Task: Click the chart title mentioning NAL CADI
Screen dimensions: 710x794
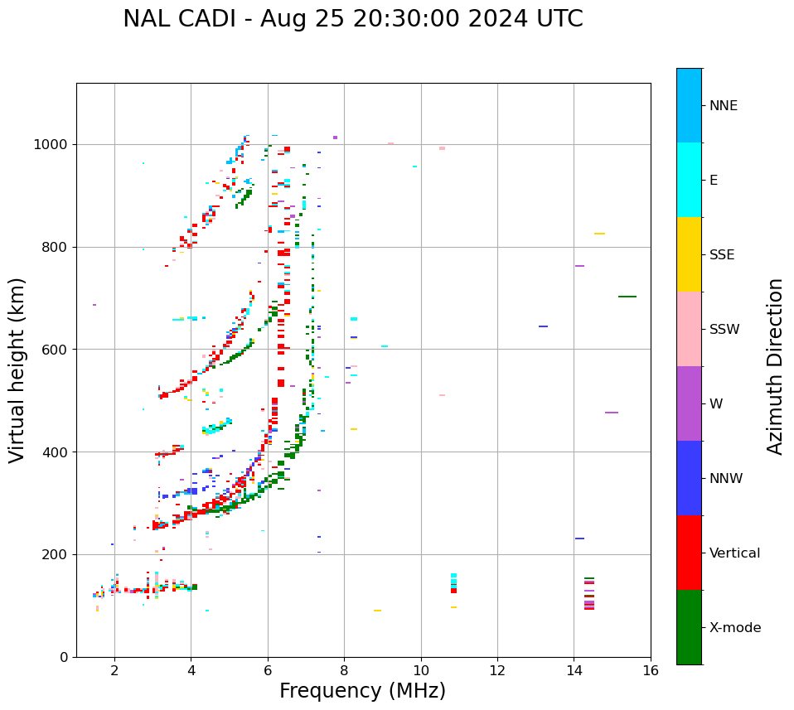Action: click(x=352, y=19)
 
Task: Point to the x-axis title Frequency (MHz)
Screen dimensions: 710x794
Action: click(x=362, y=691)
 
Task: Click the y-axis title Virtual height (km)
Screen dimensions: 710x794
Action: click(x=17, y=369)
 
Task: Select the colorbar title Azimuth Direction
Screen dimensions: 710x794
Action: click(x=775, y=366)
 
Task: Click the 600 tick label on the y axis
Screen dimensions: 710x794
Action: click(x=56, y=350)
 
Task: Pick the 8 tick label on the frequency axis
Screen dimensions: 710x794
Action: click(x=344, y=670)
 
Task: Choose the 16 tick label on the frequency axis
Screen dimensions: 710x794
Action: click(x=650, y=670)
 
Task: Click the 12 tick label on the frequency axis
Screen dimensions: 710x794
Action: click(x=497, y=670)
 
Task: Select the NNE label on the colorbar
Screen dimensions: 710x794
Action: click(x=723, y=105)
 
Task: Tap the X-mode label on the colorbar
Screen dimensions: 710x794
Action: click(x=734, y=627)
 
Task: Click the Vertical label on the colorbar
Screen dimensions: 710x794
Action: click(x=734, y=553)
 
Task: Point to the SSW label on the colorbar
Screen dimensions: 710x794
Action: click(x=724, y=329)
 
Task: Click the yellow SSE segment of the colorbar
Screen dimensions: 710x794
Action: click(x=689, y=254)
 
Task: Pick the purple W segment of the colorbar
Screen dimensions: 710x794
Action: click(x=689, y=403)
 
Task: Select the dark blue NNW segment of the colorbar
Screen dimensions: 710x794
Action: click(x=689, y=478)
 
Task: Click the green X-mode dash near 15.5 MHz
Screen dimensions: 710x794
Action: click(x=627, y=297)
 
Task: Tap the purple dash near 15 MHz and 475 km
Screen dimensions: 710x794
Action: click(x=612, y=413)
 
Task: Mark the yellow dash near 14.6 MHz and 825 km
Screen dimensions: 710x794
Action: click(x=599, y=234)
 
